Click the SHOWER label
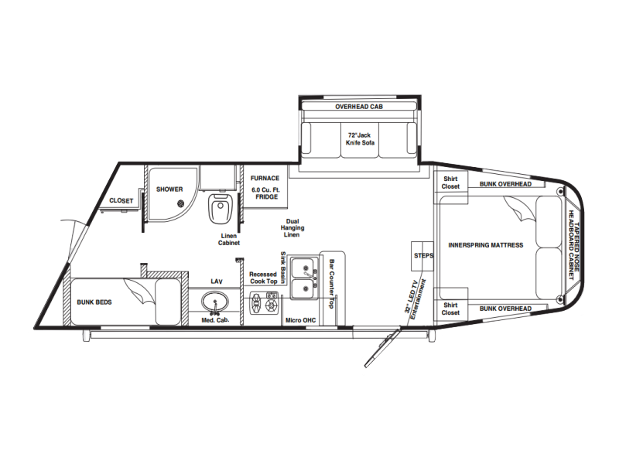[169, 189]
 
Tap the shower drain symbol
[181, 203]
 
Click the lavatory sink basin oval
[215, 302]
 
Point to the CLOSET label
[121, 201]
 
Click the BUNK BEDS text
[94, 302]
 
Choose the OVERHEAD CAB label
[359, 107]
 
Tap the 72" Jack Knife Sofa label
[360, 139]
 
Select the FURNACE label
[265, 179]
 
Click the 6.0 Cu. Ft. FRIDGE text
[265, 193]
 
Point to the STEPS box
[422, 256]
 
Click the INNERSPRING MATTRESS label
[486, 245]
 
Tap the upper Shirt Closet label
[450, 183]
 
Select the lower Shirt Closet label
[450, 309]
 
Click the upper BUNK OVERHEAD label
[506, 184]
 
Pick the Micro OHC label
[301, 320]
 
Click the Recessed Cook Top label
[263, 278]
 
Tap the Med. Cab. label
[215, 320]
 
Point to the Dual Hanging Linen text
[292, 228]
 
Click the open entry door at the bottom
[382, 348]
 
